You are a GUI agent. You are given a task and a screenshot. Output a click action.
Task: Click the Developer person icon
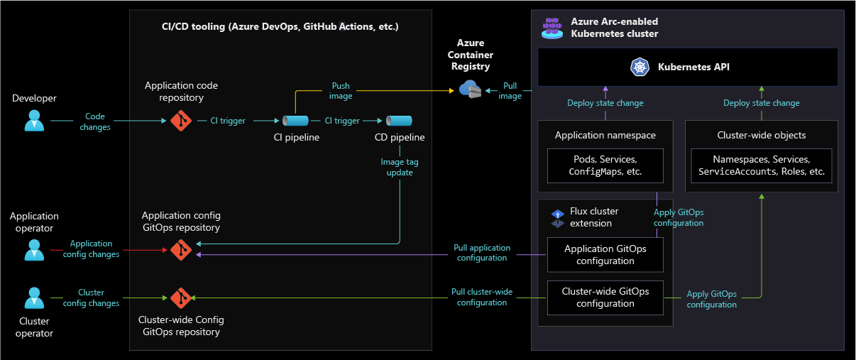[34, 121]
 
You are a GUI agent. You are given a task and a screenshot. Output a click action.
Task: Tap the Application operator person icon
[34, 250]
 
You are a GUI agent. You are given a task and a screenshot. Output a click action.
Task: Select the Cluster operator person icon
[34, 298]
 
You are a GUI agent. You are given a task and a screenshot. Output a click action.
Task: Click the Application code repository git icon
[181, 121]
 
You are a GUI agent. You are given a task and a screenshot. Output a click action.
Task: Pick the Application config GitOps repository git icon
[181, 250]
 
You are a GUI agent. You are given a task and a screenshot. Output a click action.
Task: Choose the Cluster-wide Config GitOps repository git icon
[181, 298]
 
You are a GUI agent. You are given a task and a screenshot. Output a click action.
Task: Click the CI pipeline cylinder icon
[295, 121]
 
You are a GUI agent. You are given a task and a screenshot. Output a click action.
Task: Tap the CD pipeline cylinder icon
[399, 121]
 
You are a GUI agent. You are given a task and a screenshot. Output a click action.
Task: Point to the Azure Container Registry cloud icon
[470, 89]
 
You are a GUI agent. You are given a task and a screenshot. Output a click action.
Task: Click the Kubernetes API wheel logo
[640, 67]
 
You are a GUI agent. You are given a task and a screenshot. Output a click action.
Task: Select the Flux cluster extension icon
[558, 218]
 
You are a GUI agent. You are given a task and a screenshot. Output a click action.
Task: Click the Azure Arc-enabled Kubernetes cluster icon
[552, 28]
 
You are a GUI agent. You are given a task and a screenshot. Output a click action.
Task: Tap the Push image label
[341, 91]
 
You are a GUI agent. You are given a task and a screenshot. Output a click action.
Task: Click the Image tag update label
[400, 167]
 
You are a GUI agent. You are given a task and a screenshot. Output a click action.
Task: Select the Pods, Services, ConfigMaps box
[605, 165]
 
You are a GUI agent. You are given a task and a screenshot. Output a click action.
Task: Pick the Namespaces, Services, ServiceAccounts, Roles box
[761, 165]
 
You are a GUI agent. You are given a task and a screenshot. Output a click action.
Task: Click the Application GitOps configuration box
[605, 254]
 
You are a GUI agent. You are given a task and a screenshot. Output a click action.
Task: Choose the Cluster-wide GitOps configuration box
[605, 298]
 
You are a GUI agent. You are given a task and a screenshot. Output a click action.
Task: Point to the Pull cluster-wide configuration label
[482, 297]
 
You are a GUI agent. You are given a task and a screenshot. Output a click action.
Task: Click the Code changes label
[95, 121]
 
